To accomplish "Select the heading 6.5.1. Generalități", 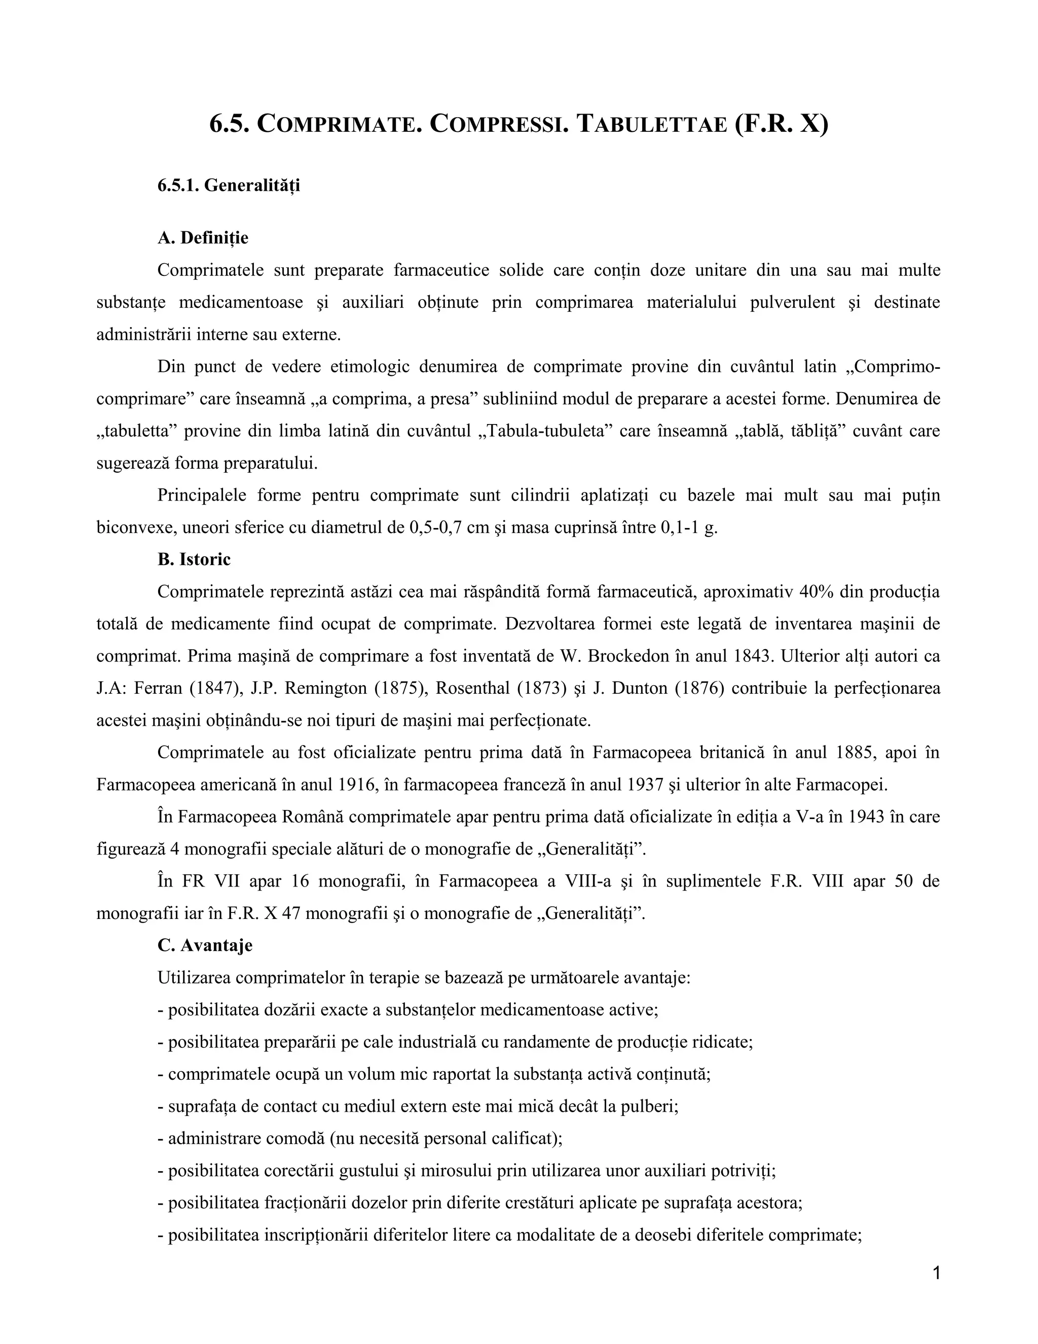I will pos(228,185).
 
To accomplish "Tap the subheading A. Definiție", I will pos(203,237).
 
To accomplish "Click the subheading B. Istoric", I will pos(194,559).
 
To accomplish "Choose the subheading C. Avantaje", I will pos(205,945).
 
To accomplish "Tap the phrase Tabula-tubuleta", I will pos(544,431).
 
